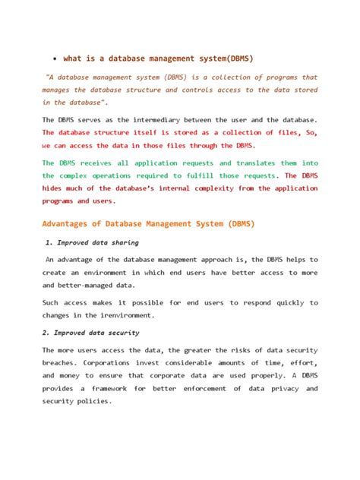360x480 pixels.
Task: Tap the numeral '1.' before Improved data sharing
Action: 51,243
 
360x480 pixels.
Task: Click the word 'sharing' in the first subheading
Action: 123,243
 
